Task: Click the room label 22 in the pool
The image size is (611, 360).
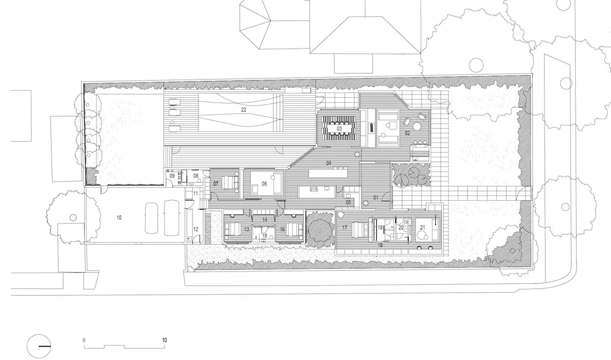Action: point(243,109)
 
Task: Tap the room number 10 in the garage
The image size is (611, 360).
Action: point(119,217)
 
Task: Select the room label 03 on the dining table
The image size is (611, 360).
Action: point(339,128)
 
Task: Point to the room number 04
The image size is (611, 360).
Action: point(329,163)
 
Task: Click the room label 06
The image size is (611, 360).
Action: point(264,184)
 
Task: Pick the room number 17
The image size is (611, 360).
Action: point(345,228)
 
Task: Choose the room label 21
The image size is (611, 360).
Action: point(423,228)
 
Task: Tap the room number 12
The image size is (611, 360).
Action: point(196,229)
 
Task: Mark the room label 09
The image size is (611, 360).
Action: point(172,176)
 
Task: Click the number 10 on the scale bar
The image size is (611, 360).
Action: point(164,340)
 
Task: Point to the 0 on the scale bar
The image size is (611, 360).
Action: point(84,340)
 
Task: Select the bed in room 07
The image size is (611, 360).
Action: point(230,183)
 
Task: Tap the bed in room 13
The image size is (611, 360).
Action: point(233,229)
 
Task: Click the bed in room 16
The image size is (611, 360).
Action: point(294,229)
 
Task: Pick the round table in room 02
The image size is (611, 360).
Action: point(417,127)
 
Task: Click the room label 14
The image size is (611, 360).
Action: point(265,220)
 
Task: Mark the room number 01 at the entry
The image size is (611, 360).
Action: point(376,198)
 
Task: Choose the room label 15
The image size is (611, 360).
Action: point(265,236)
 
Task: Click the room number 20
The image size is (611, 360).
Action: point(401,228)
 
